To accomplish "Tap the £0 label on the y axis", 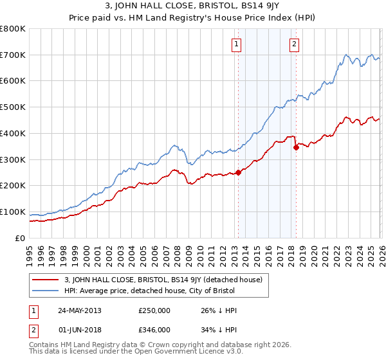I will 20,238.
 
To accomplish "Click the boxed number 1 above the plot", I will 237,44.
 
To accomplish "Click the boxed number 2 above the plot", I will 294,44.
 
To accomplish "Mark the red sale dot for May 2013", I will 238,172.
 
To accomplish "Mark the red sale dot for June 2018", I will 296,147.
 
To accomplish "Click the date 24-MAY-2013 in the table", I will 78,310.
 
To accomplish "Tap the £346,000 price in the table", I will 154,329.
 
